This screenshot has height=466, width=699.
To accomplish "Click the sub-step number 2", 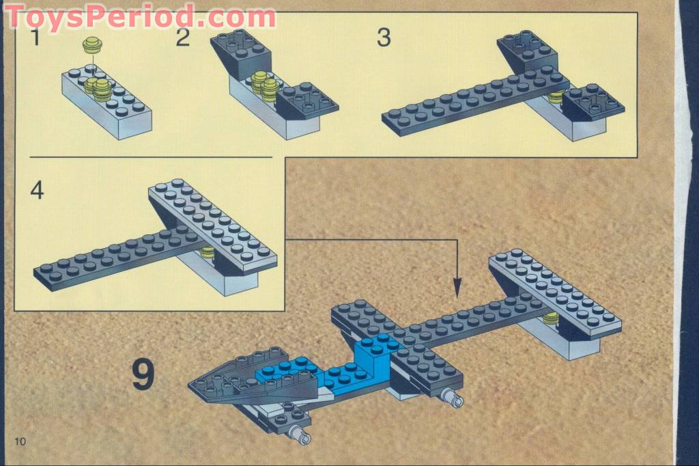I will (x=182, y=38).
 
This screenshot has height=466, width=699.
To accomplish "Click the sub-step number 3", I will (x=384, y=38).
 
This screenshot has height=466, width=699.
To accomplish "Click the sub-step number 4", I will (x=37, y=191).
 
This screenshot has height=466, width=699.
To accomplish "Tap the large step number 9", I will (x=143, y=374).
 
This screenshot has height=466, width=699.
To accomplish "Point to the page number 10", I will (x=19, y=441).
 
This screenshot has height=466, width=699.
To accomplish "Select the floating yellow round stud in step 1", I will (x=91, y=46).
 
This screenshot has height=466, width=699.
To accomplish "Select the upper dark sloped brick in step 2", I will (x=239, y=51).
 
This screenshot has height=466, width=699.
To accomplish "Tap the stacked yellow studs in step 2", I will (x=262, y=84).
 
